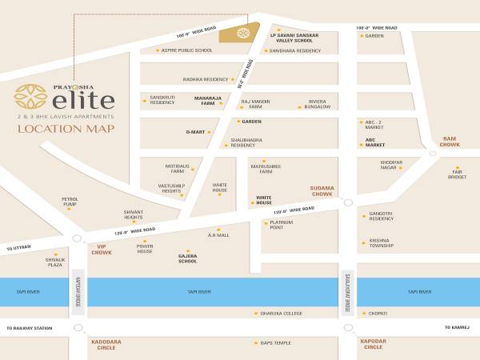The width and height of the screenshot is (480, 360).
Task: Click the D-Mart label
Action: pyautogui.click(x=195, y=132)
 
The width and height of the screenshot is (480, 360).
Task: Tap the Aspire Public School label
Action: pyautogui.click(x=186, y=50)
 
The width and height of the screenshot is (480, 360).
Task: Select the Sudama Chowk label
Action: pyautogui.click(x=322, y=191)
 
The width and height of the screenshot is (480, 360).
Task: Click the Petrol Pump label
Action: pyautogui.click(x=70, y=202)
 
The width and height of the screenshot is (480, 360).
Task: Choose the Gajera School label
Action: pyautogui.click(x=187, y=258)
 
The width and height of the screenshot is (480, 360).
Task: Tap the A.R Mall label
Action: pyautogui.click(x=218, y=235)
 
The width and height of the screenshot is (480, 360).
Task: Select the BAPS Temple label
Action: pyautogui.click(x=276, y=343)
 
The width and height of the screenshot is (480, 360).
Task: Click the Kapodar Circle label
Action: pyautogui.click(x=373, y=345)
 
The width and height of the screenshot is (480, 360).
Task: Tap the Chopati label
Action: pyautogui.click(x=376, y=313)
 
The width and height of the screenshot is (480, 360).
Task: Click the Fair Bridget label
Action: pyautogui.click(x=458, y=174)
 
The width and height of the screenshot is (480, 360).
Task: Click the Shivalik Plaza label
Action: pyautogui.click(x=54, y=262)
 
